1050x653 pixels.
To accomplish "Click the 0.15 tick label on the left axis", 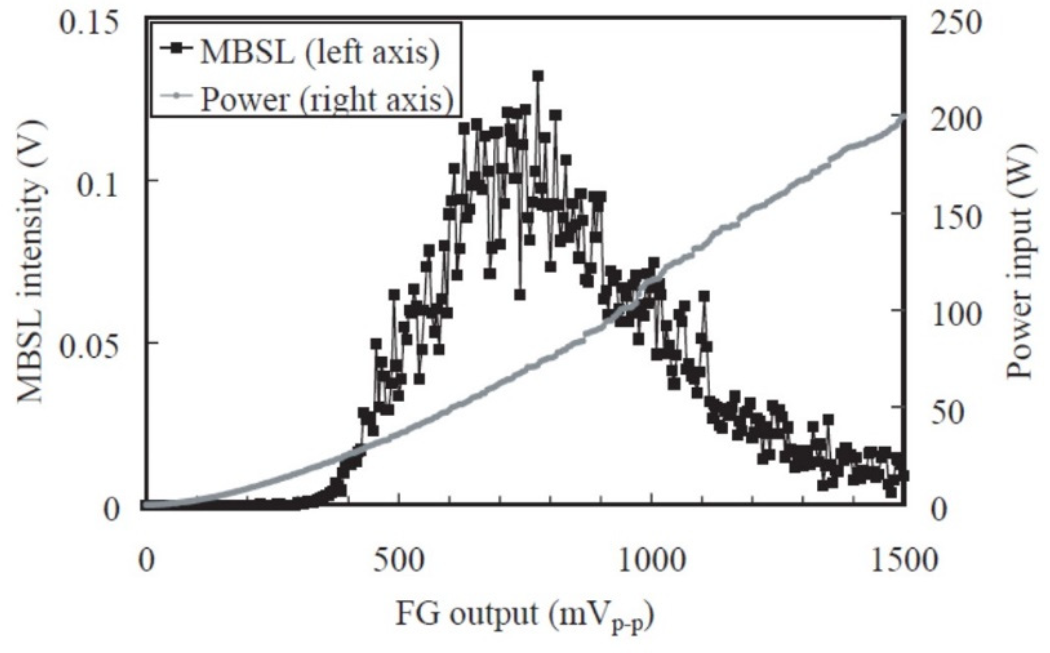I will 88,24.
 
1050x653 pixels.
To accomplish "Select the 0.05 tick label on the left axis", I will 88,343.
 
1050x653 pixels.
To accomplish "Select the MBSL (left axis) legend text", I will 319,52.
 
